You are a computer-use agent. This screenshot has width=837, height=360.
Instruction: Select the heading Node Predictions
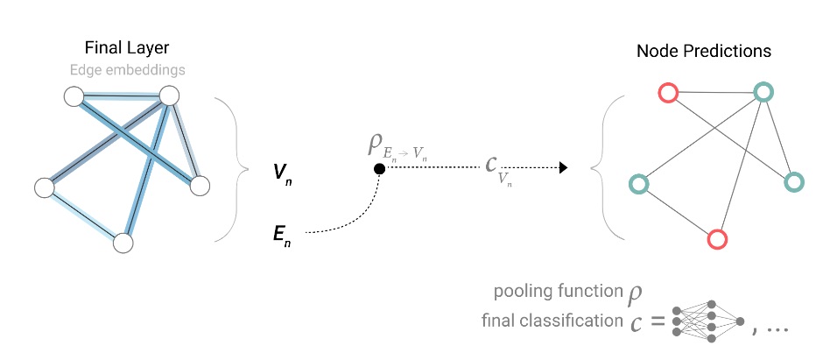point(704,52)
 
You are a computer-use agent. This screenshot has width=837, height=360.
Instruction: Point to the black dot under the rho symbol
point(378,168)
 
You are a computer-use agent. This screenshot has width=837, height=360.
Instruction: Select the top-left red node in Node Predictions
point(668,92)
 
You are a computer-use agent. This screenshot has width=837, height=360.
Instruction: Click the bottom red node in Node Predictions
point(717,238)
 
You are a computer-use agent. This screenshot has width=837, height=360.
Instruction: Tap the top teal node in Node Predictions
point(763,92)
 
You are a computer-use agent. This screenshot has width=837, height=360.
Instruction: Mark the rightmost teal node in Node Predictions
point(793,182)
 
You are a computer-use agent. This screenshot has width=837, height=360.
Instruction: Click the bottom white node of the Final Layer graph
point(123,243)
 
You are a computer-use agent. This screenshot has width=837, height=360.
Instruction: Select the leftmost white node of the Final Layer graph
point(44,187)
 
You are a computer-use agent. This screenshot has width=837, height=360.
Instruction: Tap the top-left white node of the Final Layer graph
point(74,95)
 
